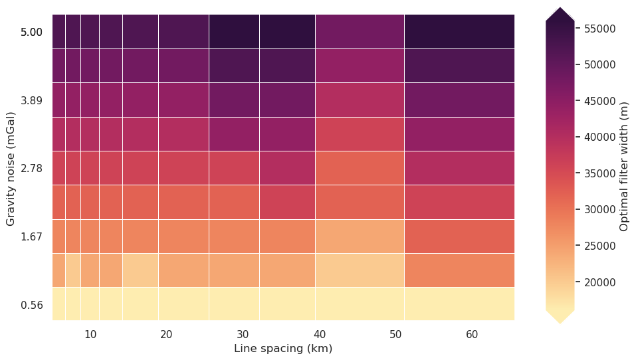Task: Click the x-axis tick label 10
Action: [90, 334]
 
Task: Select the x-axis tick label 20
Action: [167, 334]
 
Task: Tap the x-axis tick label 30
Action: [243, 334]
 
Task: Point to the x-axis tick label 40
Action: [319, 334]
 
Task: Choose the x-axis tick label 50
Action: [395, 334]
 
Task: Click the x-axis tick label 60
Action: [472, 334]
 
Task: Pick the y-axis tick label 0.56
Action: [31, 306]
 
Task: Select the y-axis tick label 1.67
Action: [31, 237]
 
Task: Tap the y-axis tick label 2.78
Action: [31, 169]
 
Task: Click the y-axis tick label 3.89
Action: [31, 100]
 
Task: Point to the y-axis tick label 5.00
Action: [31, 32]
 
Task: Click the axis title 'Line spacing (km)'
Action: [283, 349]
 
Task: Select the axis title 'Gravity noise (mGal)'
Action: [11, 167]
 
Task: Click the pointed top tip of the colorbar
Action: [560, 8]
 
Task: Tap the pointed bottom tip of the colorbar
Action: [560, 323]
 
